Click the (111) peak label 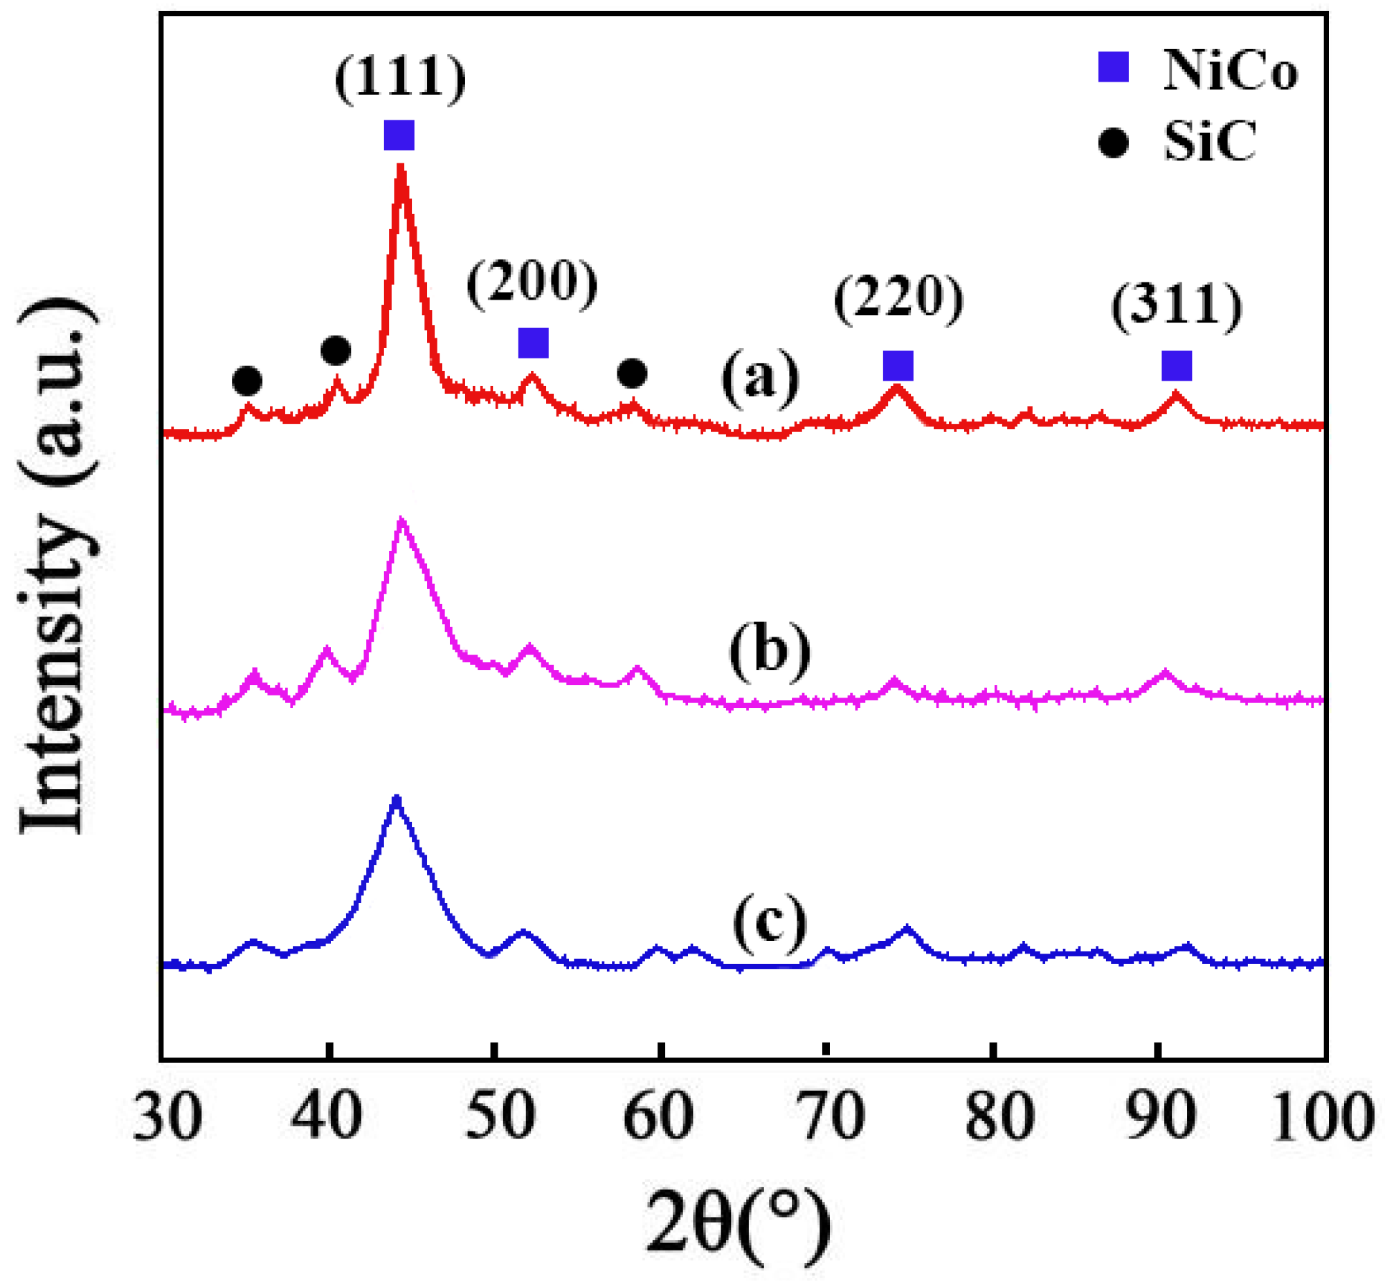point(400,78)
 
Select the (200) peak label point(532,283)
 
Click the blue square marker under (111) point(399,136)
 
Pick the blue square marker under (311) point(1177,366)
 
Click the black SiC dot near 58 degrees point(632,374)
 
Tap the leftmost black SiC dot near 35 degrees point(247,381)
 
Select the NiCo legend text point(1229,71)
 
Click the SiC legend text point(1209,143)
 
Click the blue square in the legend point(1113,68)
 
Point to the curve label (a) point(760,379)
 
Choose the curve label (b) point(769,650)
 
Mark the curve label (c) point(769,925)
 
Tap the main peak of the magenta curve point(401,520)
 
